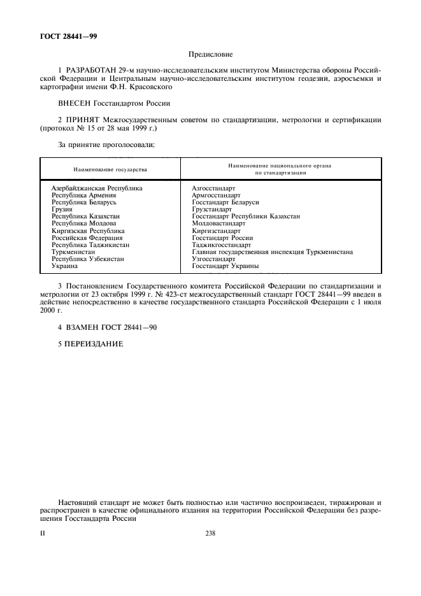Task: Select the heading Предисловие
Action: (210, 55)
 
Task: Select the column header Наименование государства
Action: (110, 170)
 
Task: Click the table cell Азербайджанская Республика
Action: (97, 188)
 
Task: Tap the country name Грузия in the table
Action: (62, 209)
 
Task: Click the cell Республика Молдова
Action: (83, 223)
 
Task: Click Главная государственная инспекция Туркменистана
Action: (272, 252)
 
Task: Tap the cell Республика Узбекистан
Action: (88, 259)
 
